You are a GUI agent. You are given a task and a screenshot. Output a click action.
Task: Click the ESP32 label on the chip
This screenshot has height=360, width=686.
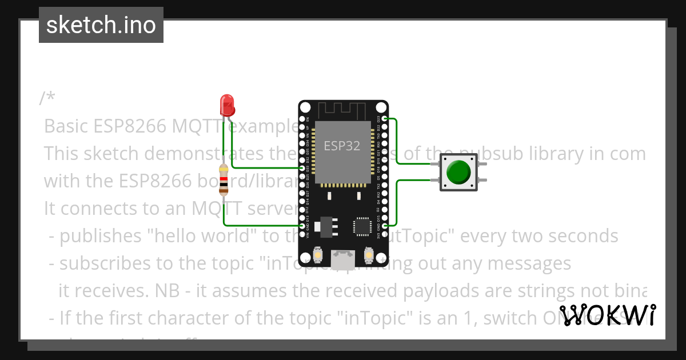click(x=342, y=146)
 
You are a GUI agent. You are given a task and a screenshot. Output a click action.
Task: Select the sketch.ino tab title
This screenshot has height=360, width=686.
click(x=101, y=25)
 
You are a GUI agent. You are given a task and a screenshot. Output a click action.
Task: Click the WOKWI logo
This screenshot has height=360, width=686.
click(x=607, y=315)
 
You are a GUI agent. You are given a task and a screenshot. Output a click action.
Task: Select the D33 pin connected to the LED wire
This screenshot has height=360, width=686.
click(x=302, y=168)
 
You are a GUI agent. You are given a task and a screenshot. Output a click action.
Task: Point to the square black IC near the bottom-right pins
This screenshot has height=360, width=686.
click(x=362, y=226)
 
